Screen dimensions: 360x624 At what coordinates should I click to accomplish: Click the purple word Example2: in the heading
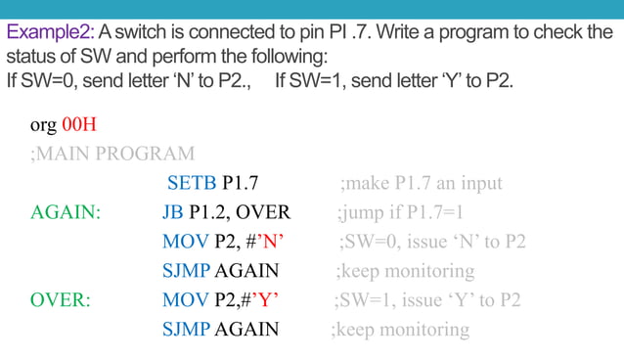(47, 32)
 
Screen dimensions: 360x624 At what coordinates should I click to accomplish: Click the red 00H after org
(78, 126)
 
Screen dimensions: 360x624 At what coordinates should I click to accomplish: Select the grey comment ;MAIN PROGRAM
(112, 154)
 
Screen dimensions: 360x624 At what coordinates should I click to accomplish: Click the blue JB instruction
(173, 212)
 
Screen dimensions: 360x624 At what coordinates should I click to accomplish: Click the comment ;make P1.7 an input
(421, 183)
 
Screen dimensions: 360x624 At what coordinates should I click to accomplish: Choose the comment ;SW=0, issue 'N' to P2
(432, 242)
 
